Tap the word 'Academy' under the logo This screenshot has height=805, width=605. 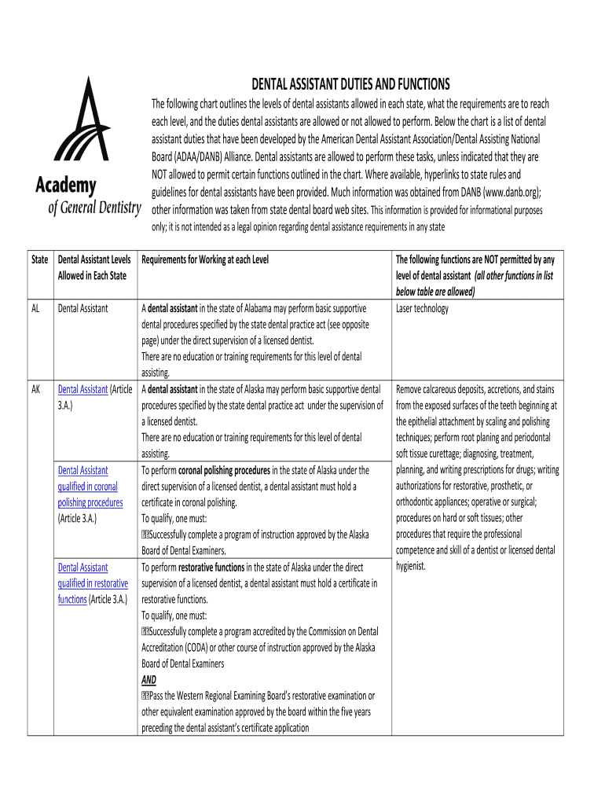(66, 186)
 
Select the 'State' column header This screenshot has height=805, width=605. (40, 259)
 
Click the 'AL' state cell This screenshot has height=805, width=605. (36, 309)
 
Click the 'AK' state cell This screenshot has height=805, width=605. (36, 389)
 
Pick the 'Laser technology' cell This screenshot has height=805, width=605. (422, 309)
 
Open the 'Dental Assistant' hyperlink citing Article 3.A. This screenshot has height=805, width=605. (82, 389)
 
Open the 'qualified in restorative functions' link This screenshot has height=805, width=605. (93, 583)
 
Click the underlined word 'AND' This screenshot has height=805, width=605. (148, 680)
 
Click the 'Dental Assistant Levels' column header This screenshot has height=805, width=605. (94, 259)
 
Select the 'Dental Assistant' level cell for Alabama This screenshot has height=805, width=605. (82, 309)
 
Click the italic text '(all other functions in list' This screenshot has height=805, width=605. (513, 276)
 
